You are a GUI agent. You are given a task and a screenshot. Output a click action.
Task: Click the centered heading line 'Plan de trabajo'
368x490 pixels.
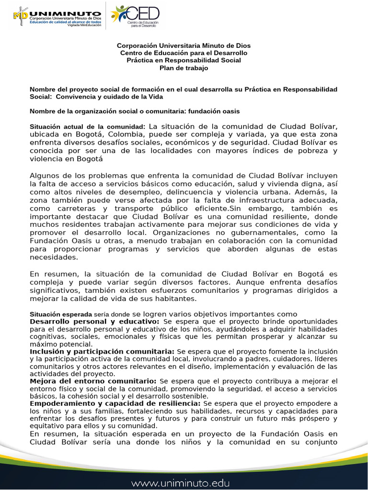(x=184, y=68)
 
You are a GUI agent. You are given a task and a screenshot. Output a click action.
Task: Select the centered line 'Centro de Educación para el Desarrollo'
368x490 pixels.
(x=184, y=53)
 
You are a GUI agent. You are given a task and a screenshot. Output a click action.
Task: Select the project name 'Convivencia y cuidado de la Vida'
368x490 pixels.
(x=110, y=97)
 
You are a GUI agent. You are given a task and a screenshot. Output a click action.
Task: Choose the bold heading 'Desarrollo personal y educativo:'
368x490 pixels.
(x=94, y=322)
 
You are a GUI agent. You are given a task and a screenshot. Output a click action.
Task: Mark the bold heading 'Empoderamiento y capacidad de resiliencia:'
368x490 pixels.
(x=115, y=403)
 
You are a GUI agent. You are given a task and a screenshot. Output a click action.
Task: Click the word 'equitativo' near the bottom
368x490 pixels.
(x=49, y=426)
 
